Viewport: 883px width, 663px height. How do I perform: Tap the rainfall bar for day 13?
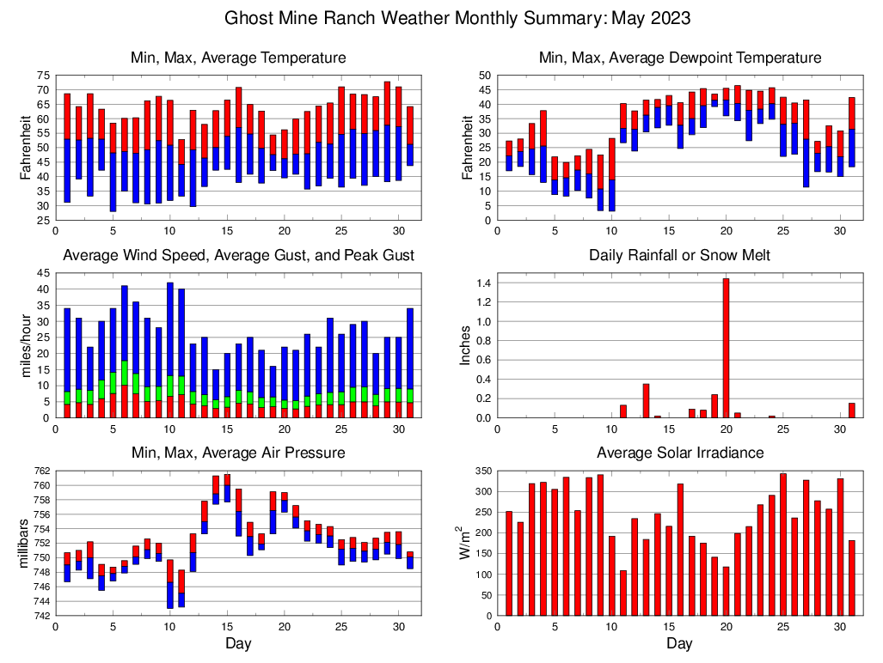[646, 401]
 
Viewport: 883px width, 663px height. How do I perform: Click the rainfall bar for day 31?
[852, 411]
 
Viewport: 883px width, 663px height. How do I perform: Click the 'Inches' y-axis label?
[465, 345]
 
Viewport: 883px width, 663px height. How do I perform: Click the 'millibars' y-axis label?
[23, 543]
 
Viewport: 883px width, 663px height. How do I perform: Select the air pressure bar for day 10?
[170, 584]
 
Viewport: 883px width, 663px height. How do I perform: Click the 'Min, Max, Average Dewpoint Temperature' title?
[679, 58]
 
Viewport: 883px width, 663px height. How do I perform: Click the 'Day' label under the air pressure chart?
[238, 643]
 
